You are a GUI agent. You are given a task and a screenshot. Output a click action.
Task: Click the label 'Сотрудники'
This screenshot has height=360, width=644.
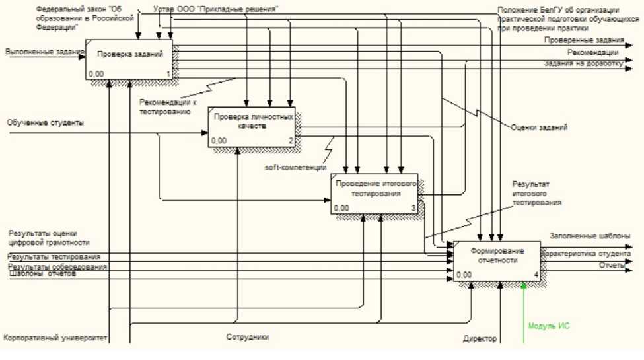tap(247, 337)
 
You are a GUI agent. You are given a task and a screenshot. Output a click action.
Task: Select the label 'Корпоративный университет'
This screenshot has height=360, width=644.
tap(55, 338)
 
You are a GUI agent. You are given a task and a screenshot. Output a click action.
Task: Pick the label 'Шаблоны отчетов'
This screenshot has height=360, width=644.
tap(42, 275)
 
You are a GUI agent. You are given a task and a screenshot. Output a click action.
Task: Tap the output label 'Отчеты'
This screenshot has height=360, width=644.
tap(612, 265)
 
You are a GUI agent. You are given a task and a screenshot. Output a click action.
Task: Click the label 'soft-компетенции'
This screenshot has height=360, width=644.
tap(296, 168)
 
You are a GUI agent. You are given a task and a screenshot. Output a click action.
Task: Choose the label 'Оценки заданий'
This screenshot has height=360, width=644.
tap(538, 127)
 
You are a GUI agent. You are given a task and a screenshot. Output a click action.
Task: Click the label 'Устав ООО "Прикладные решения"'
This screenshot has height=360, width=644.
tap(215, 9)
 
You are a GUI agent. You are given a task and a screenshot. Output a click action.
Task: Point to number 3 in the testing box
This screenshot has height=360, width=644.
tap(413, 209)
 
